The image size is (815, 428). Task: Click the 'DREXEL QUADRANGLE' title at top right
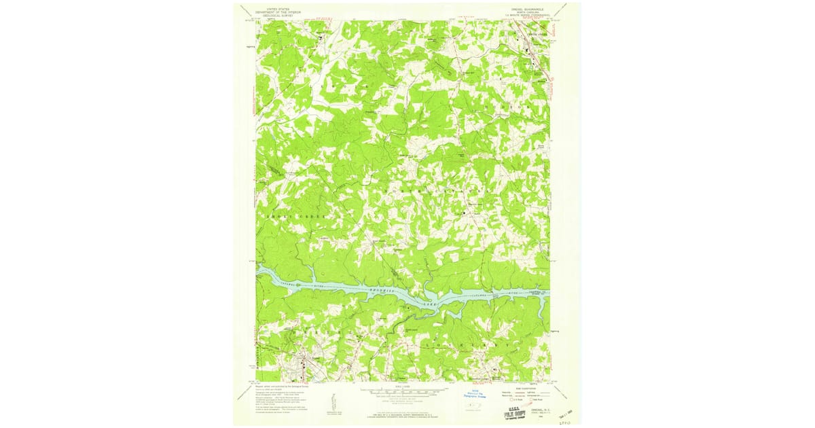(x=530, y=10)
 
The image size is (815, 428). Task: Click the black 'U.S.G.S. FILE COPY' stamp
(x=515, y=412)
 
